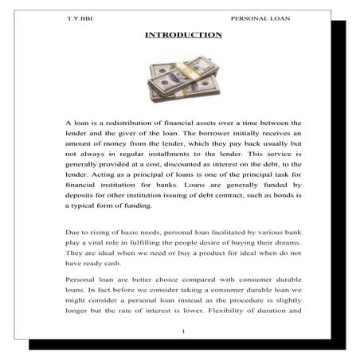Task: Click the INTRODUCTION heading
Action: [183, 35]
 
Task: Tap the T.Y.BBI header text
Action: [80, 17]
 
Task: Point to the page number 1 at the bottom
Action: [183, 331]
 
